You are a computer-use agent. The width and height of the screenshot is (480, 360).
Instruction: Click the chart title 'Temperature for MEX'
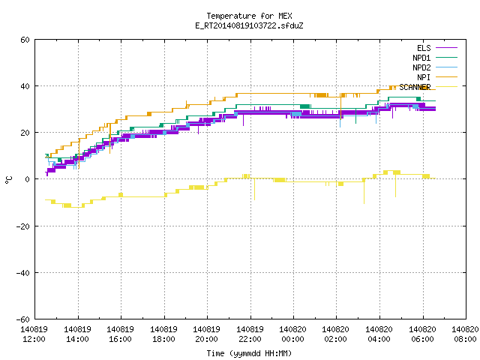coord(249,16)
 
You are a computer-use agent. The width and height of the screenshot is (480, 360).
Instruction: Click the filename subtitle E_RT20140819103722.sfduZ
coord(249,25)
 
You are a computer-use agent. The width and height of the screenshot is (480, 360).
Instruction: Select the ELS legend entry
coord(437,48)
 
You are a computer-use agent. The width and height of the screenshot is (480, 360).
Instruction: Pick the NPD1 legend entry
coord(435,58)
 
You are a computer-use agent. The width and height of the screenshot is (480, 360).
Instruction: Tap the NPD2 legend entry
coord(435,67)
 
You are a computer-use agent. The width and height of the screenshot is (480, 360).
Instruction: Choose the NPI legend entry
coord(437,77)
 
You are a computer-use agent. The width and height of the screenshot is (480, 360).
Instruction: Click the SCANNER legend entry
coord(428,87)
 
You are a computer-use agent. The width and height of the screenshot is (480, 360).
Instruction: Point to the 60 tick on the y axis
coord(25,40)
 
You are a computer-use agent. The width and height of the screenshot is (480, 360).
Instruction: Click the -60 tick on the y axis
coord(23,319)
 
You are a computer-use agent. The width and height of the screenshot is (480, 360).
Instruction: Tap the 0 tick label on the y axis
coord(28,179)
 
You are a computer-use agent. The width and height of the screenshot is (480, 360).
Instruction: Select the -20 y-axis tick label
coord(23,226)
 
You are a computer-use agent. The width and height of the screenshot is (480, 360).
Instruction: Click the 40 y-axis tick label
coord(25,86)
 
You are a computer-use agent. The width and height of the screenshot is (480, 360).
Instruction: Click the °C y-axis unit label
coord(9,180)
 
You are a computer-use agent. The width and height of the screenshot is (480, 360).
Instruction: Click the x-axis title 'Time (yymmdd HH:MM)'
coord(249,353)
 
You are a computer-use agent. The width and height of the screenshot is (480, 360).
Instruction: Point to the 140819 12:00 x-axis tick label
coord(34,334)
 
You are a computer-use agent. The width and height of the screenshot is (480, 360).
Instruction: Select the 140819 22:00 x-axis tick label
coord(250,334)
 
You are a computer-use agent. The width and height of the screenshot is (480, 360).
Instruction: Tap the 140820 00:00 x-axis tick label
coord(293,334)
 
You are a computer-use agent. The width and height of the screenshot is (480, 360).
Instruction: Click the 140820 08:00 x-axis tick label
coord(465,334)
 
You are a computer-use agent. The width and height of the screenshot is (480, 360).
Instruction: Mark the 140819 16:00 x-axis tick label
coord(120,334)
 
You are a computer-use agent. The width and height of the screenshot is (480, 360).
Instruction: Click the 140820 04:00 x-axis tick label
coord(379,334)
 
